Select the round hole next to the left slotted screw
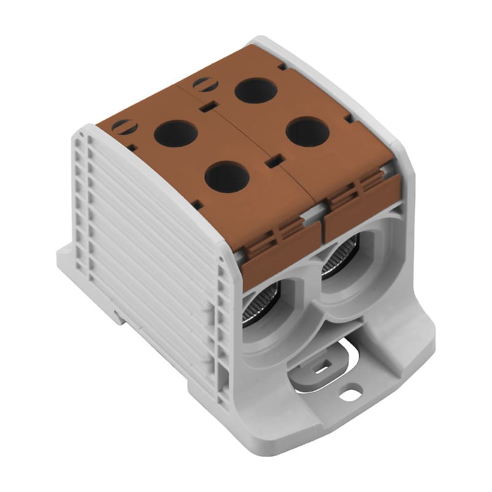[175, 133]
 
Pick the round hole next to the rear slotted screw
[256, 90]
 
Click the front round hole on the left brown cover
[227, 177]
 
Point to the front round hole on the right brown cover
[307, 132]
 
